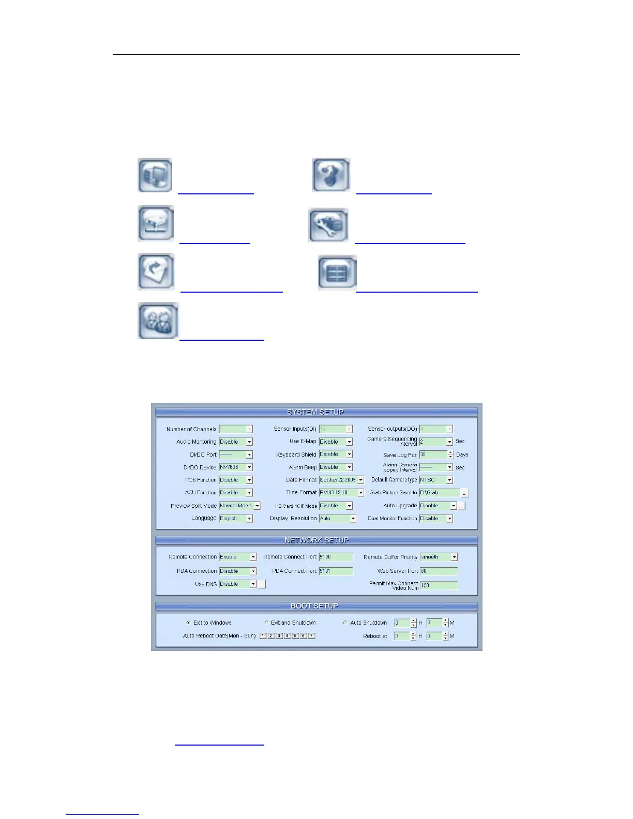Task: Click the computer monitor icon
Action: click(x=155, y=175)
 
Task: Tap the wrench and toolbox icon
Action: click(x=328, y=225)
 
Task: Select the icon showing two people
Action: click(x=158, y=321)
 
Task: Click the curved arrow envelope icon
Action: click(x=156, y=271)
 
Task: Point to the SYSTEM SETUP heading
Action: click(x=315, y=412)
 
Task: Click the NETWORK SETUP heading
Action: click(x=317, y=540)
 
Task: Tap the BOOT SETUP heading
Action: click(x=314, y=606)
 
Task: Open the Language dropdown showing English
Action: click(x=236, y=518)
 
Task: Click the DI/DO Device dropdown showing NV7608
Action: click(x=236, y=467)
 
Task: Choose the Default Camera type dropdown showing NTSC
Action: click(x=435, y=480)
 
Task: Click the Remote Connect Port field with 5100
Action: click(x=336, y=557)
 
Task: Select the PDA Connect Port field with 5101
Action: click(x=336, y=571)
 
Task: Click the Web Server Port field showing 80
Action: click(x=439, y=571)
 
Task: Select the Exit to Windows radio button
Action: click(x=188, y=623)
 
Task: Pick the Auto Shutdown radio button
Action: click(x=345, y=623)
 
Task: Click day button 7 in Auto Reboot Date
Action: click(x=311, y=635)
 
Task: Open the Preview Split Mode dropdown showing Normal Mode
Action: click(x=239, y=506)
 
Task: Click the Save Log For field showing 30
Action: click(x=433, y=454)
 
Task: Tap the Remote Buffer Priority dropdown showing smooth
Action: click(x=439, y=557)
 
